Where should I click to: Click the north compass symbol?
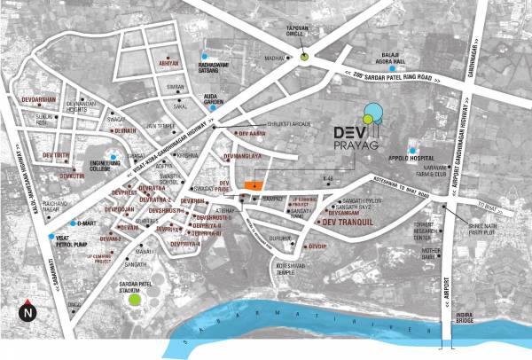28,311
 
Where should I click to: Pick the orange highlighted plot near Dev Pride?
254,184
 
